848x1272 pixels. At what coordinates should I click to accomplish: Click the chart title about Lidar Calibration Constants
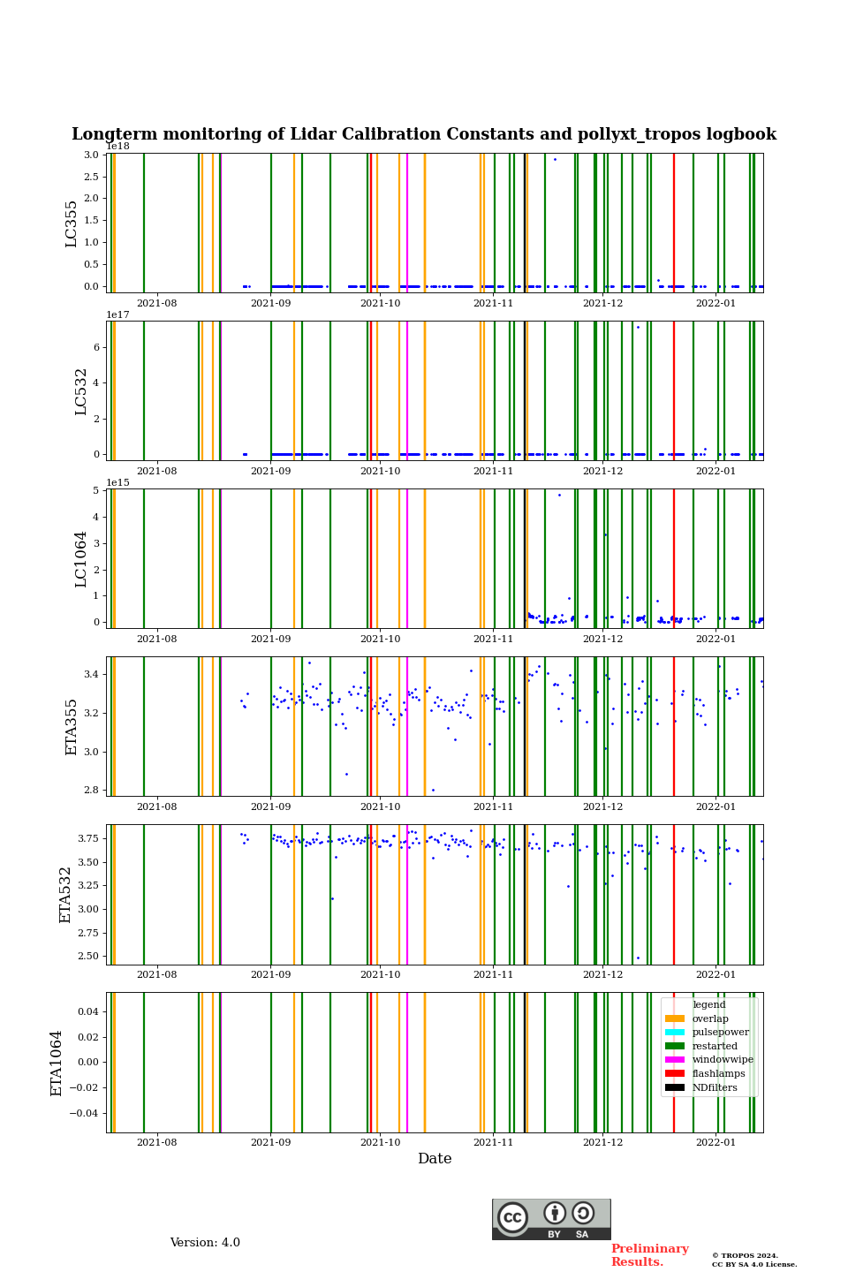click(424, 134)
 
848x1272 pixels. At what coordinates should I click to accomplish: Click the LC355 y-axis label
click(72, 223)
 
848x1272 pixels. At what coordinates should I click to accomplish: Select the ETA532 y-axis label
click(65, 895)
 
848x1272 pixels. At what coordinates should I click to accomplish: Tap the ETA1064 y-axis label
click(57, 1063)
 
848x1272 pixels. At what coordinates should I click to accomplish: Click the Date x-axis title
click(435, 1159)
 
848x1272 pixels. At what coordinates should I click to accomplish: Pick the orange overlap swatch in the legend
click(675, 1018)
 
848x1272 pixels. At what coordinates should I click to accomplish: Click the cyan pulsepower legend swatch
click(675, 1033)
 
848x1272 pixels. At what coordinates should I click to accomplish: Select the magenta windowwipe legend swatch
click(675, 1060)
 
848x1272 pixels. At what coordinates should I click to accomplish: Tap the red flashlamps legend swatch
click(675, 1074)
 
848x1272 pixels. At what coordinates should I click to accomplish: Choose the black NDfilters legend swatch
click(675, 1087)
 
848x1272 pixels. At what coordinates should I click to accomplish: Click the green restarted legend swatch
click(675, 1046)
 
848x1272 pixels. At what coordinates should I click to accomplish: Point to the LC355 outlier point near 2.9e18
click(555, 159)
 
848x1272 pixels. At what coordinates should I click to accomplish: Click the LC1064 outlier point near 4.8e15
click(559, 495)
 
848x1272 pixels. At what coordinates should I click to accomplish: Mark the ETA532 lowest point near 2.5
click(638, 958)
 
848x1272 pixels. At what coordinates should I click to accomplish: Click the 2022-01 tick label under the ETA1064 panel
click(715, 1143)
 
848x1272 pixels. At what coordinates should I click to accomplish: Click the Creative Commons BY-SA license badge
click(551, 1219)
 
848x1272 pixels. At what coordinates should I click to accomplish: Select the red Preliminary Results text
click(649, 1255)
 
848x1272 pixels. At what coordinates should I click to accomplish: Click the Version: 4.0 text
click(205, 1243)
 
